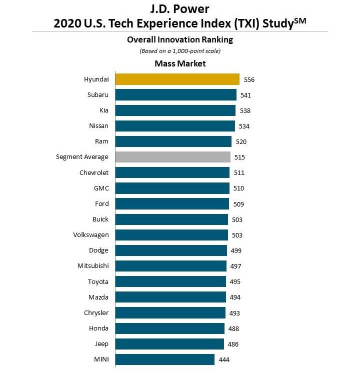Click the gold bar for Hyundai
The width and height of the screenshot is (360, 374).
coord(177,79)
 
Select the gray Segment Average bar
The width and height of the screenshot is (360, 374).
coord(173,157)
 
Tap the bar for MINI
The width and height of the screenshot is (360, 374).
coord(165,359)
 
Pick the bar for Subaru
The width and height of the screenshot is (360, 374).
coord(176,95)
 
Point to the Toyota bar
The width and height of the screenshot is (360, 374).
coord(170,281)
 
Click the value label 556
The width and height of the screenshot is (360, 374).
coord(249,79)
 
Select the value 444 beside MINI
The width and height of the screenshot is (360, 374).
coord(224,359)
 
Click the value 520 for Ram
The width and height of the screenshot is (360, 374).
coord(241,141)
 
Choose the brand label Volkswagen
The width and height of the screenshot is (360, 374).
coord(91,235)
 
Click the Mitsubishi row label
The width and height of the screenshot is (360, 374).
coord(93,266)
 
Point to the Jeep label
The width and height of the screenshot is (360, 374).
coord(101,344)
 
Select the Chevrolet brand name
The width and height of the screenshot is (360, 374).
coord(94,172)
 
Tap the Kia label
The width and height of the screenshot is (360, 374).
coord(104,110)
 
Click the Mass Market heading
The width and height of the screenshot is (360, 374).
coord(180,63)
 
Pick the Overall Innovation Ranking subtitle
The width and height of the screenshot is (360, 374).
coord(180,39)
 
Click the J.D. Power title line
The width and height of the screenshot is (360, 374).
coord(180,9)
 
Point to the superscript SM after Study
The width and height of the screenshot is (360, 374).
coord(299,19)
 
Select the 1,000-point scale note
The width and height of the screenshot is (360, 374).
coord(180,51)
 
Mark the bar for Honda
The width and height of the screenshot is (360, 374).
coord(170,328)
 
